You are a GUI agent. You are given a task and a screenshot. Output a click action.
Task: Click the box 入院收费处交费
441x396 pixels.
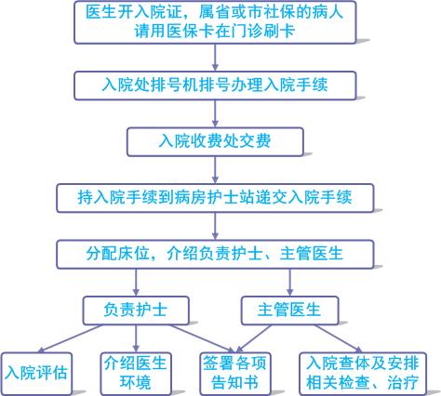pyautogui.click(x=215, y=141)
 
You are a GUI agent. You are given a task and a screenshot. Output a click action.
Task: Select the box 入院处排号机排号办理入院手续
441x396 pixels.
pyautogui.click(x=215, y=86)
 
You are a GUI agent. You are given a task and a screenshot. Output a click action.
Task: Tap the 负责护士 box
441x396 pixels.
pyautogui.click(x=136, y=310)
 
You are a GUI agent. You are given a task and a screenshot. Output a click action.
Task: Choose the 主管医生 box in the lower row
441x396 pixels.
pyautogui.click(x=289, y=310)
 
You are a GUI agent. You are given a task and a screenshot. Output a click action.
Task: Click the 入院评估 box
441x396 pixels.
pyautogui.click(x=36, y=374)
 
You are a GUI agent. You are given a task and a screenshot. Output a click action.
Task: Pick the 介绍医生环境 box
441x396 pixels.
pyautogui.click(x=136, y=374)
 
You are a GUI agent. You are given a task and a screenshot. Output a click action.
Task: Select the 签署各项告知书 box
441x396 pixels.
pyautogui.click(x=235, y=374)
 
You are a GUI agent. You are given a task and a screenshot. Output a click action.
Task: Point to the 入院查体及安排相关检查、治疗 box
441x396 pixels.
pyautogui.click(x=363, y=374)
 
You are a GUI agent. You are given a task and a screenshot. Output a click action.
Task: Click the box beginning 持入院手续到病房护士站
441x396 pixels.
pyautogui.click(x=215, y=198)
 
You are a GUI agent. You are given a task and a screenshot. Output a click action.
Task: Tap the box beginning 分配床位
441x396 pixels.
pyautogui.click(x=215, y=254)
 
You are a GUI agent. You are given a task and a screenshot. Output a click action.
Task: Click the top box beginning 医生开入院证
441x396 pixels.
pyautogui.click(x=215, y=22)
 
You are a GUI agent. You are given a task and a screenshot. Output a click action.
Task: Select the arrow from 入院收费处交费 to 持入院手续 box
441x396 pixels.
pyautogui.click(x=215, y=170)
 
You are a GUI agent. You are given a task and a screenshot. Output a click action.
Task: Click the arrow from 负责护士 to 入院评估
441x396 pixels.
pyautogui.click(x=70, y=338)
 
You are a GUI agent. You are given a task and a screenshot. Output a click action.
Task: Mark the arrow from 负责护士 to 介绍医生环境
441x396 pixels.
pyautogui.click(x=136, y=338)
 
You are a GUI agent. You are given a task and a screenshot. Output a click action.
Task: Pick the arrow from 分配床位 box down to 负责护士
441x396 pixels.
pyautogui.click(x=136, y=283)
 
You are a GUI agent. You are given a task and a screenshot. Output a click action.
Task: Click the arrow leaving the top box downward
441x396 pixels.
pyautogui.click(x=215, y=58)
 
